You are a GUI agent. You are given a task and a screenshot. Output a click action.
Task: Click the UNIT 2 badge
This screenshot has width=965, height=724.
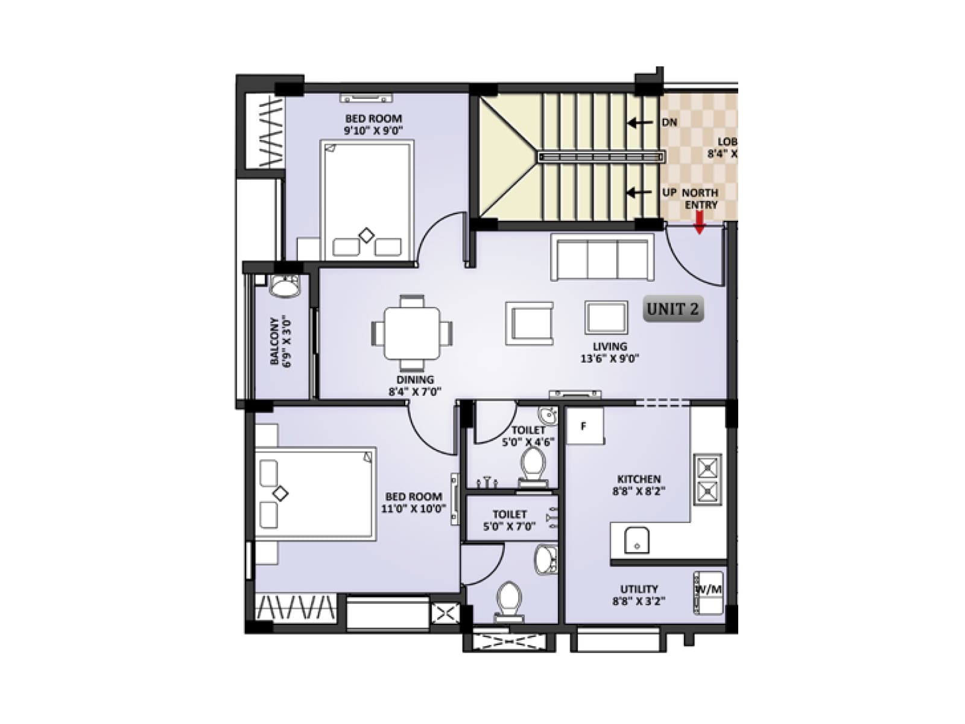pos(672,310)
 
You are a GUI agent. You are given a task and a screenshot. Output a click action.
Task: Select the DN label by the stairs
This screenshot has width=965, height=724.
pos(669,122)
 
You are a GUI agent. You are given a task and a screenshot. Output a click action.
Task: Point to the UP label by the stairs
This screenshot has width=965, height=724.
pos(669,192)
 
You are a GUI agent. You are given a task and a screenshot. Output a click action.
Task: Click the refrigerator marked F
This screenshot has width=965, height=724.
pos(584,427)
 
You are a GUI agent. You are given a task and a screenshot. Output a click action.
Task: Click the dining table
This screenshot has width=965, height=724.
pos(412,333)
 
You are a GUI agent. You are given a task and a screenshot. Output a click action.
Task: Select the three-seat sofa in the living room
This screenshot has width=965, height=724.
pos(602,258)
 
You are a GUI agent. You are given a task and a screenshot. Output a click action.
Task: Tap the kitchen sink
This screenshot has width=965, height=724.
pos(637,540)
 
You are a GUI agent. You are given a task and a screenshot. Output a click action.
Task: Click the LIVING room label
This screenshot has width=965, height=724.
pos(610,346)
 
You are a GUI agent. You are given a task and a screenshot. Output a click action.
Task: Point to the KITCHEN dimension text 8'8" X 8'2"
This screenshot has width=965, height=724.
pos(639,491)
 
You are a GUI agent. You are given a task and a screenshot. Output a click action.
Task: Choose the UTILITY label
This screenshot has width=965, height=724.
pos(639,589)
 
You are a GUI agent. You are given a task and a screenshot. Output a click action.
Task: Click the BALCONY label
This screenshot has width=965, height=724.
pos(275,341)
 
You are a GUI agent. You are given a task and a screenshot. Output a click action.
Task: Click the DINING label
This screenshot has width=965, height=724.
pos(415,379)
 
